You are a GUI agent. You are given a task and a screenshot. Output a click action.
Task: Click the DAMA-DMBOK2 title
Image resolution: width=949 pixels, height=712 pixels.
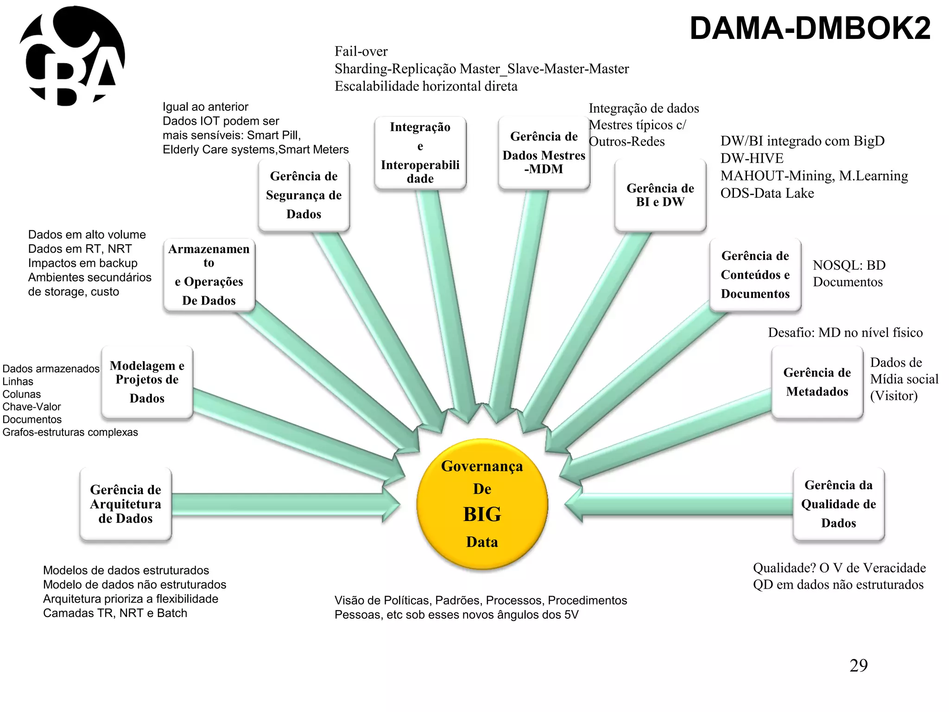coord(810,29)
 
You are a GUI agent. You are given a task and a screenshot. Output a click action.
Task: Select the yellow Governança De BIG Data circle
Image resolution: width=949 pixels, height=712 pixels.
coord(482,504)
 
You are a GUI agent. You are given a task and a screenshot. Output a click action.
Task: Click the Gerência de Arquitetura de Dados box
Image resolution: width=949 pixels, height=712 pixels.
coord(126,504)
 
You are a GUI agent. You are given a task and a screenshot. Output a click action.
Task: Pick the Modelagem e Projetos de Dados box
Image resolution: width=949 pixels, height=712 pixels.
coord(147,382)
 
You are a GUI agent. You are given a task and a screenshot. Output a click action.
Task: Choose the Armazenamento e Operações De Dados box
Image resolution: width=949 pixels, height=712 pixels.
coord(209,275)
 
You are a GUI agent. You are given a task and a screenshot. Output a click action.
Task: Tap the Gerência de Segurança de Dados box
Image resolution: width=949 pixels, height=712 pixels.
coord(304,195)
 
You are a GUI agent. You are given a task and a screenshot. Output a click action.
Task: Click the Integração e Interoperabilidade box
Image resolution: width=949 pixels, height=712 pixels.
coord(420,153)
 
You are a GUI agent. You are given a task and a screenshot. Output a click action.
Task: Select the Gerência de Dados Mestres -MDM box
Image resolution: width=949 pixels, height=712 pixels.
coord(544,153)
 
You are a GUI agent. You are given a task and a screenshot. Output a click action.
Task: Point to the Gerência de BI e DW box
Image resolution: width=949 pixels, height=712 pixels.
coord(660,195)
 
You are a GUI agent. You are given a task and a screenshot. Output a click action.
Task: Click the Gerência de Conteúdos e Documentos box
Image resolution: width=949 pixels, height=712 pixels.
coord(755,275)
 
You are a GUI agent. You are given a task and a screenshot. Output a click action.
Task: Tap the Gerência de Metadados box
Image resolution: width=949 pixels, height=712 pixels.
coord(817,382)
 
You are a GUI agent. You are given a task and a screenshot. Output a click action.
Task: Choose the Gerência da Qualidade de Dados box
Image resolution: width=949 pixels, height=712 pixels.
coord(838,504)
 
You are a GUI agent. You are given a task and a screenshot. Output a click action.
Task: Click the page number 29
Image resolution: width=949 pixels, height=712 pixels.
coord(858,666)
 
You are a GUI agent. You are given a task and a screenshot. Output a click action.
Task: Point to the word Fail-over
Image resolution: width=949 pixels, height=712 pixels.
coord(361,51)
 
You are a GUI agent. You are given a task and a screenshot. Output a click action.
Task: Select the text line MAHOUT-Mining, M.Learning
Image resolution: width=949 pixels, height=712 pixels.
coord(814,176)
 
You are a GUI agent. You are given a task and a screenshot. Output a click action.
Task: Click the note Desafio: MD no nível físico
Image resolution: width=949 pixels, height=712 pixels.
coord(845,332)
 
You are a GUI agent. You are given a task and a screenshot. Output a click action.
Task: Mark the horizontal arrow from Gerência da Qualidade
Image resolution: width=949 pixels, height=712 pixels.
coord(681,504)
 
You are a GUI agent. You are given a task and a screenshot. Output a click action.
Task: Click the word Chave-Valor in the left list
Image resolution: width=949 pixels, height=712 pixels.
coord(32,407)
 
